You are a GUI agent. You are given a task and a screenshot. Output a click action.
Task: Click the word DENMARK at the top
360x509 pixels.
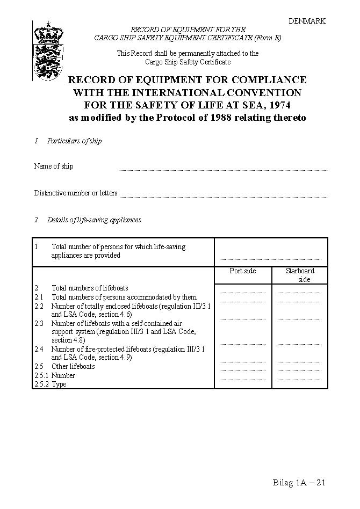[307, 21]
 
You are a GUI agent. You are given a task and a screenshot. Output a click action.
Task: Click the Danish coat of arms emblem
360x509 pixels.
[48, 51]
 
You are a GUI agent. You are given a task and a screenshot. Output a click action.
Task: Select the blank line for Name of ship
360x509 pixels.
[223, 169]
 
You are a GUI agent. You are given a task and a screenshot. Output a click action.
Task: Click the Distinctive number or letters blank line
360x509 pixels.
[223, 196]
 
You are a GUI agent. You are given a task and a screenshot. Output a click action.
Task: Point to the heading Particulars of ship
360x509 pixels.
[74, 141]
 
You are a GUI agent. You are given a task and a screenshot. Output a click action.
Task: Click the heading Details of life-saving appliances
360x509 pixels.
[94, 220]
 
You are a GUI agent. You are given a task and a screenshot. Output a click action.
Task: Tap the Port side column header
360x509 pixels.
[243, 271]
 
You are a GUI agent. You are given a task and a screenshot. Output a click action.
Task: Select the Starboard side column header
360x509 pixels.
[300, 275]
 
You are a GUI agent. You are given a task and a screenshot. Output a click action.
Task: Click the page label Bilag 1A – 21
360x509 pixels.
[299, 482]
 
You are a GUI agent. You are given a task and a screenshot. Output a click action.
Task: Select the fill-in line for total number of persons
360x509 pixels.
[270, 258]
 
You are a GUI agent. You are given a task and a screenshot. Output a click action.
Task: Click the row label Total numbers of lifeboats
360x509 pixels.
[90, 288]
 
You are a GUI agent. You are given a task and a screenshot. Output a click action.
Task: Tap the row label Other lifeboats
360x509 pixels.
[73, 367]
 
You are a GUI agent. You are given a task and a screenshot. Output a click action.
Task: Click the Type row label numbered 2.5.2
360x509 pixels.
[59, 384]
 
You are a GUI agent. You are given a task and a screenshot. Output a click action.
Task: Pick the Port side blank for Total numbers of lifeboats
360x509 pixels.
[243, 292]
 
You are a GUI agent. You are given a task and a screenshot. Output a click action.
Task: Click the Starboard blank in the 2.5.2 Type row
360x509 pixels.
[299, 379]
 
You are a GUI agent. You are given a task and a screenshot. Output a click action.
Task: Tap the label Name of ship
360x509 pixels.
[54, 166]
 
